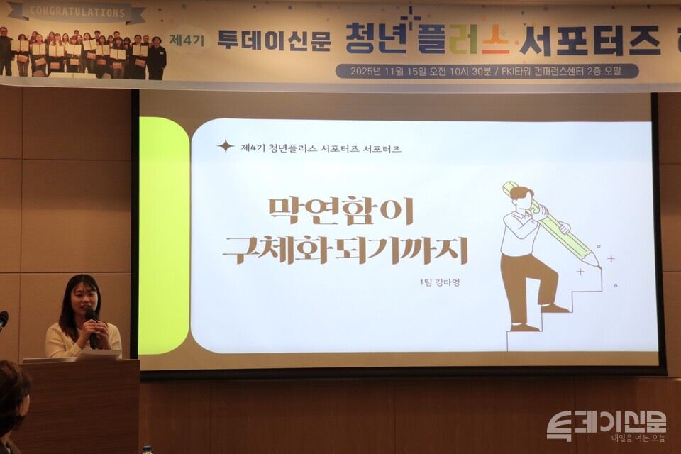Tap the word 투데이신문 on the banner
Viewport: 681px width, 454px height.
click(274, 40)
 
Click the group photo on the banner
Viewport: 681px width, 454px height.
click(85, 53)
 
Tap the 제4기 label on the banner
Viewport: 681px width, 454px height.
click(187, 40)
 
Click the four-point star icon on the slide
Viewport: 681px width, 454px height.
click(226, 146)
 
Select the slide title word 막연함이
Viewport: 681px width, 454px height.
click(340, 211)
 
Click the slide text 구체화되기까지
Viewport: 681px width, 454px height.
click(345, 250)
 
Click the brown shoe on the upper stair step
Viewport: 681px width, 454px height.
click(554, 308)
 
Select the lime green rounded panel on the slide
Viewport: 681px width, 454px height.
click(163, 234)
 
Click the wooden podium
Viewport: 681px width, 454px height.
click(82, 404)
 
